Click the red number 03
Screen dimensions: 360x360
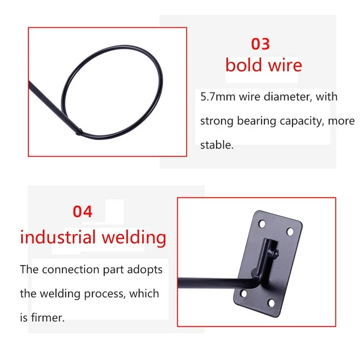260,44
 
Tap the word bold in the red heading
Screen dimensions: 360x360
243,65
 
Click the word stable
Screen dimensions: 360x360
216,145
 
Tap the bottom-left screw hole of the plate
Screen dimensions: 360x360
243,294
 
